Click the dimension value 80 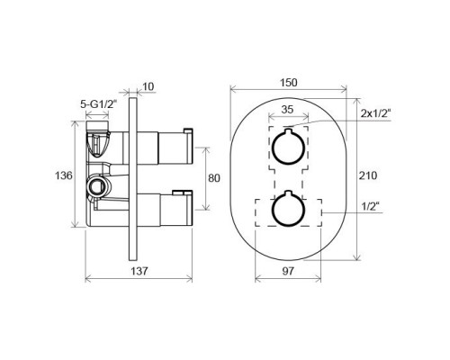pos(213,178)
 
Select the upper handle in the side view pos(166,144)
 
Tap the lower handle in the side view pos(166,211)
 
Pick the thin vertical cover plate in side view pos(134,180)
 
